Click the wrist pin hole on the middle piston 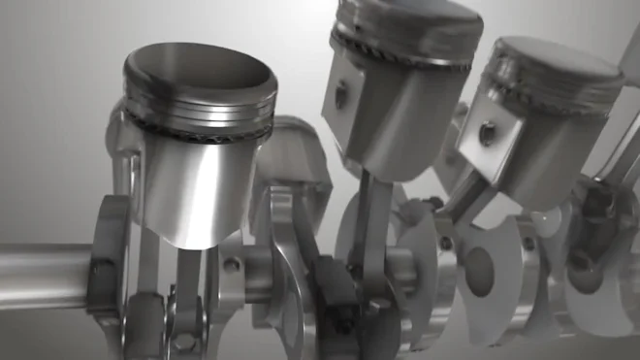coord(341,95)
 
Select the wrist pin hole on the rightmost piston coord(487,133)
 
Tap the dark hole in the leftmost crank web coord(100,264)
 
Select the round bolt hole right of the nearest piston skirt coord(232,263)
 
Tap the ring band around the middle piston coord(407,56)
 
